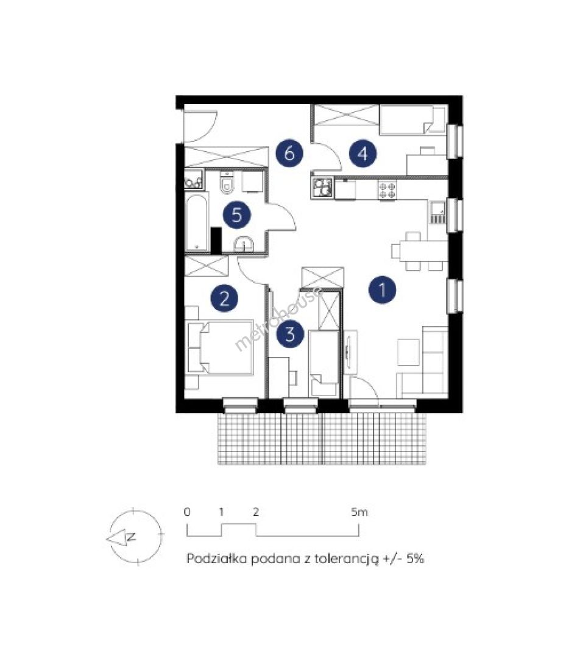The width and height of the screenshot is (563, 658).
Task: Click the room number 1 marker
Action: click(x=382, y=289)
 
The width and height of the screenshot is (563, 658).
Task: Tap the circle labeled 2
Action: click(x=224, y=299)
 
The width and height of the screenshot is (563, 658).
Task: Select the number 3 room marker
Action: click(x=290, y=334)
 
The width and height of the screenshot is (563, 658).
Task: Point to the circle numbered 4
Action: click(x=363, y=153)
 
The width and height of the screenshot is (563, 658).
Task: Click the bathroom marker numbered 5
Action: click(x=237, y=215)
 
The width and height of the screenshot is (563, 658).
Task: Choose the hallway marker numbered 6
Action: click(x=289, y=153)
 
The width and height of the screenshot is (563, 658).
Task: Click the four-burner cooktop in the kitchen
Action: click(x=387, y=189)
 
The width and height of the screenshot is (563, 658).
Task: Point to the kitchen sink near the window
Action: click(x=437, y=213)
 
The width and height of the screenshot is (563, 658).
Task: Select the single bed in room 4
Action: click(x=413, y=120)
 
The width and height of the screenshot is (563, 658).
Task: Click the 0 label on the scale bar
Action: click(x=187, y=512)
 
